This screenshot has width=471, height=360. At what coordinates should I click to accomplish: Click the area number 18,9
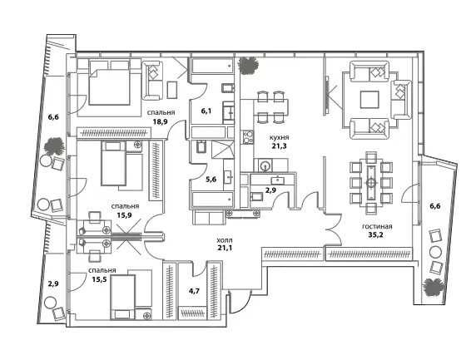(x=160, y=121)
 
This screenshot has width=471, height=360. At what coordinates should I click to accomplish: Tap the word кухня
(x=279, y=138)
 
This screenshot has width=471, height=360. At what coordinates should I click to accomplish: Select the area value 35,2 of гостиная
(x=376, y=234)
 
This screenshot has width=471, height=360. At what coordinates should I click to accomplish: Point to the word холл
(x=225, y=240)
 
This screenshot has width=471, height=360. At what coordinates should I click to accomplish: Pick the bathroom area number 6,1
(x=206, y=111)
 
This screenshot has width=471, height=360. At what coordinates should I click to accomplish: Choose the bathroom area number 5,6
(x=211, y=180)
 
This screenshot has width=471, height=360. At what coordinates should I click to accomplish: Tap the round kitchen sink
(x=265, y=165)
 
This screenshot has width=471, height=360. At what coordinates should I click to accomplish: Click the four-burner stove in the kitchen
(x=248, y=137)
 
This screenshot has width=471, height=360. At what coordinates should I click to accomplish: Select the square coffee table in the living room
(x=369, y=100)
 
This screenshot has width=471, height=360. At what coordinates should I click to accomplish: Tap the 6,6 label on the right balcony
(x=434, y=206)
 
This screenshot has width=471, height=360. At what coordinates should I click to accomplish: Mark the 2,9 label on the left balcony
(x=53, y=284)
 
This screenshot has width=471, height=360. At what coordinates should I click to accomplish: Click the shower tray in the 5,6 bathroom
(x=222, y=150)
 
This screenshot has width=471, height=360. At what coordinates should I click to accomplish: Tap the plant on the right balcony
(x=434, y=287)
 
